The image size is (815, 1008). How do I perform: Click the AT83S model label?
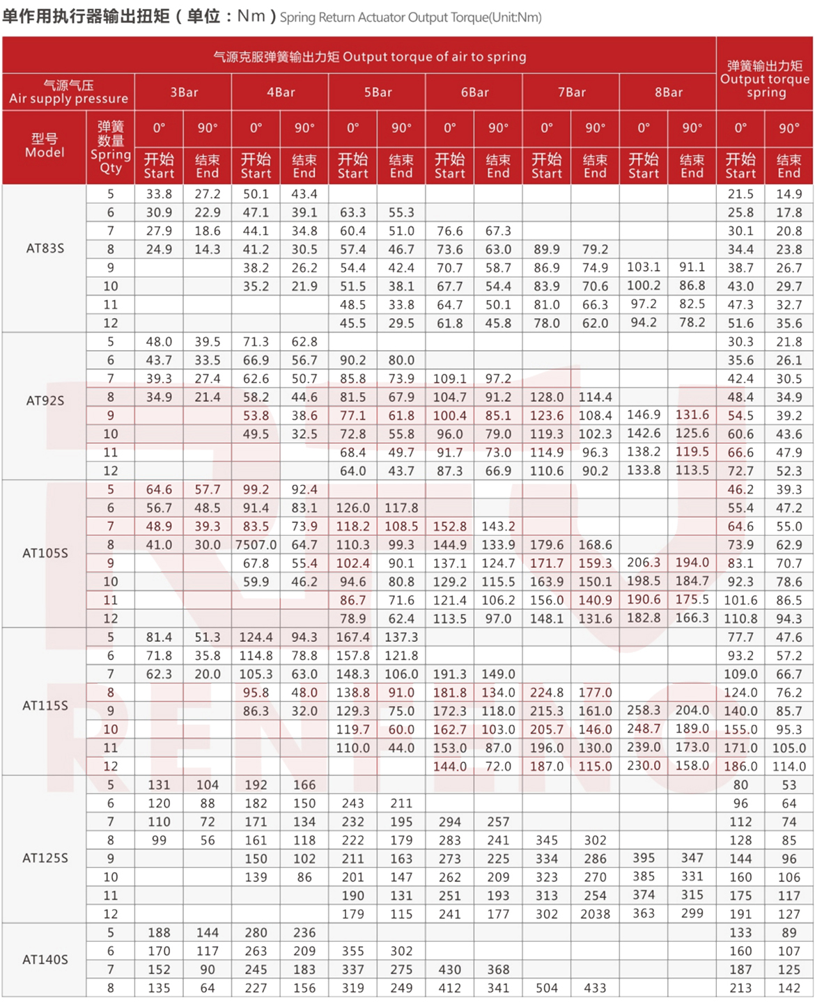[45, 249]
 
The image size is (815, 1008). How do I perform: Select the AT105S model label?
[45, 553]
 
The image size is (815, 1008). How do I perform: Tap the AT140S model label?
[45, 959]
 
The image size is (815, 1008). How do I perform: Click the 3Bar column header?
[184, 93]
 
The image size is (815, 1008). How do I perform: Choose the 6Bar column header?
[474, 93]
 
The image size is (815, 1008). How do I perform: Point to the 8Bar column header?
[668, 93]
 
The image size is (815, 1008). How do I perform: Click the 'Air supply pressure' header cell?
[68, 92]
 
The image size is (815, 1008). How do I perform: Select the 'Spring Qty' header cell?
[111, 147]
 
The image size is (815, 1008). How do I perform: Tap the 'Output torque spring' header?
[765, 79]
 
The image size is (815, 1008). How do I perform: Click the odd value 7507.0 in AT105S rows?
[256, 545]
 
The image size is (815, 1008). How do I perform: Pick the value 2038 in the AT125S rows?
[595, 914]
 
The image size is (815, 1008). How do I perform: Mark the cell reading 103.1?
[643, 267]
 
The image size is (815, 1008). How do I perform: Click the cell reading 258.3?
[643, 711]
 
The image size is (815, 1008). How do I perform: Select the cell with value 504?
[547, 988]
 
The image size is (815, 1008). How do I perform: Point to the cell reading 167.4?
[353, 638]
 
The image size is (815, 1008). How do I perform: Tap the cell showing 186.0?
[740, 766]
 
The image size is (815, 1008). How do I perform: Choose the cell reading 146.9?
[643, 415]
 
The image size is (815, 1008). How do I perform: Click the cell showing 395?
[643, 858]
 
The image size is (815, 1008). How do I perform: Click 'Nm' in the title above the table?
[251, 16]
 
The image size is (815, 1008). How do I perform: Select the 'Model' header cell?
[45, 145]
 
